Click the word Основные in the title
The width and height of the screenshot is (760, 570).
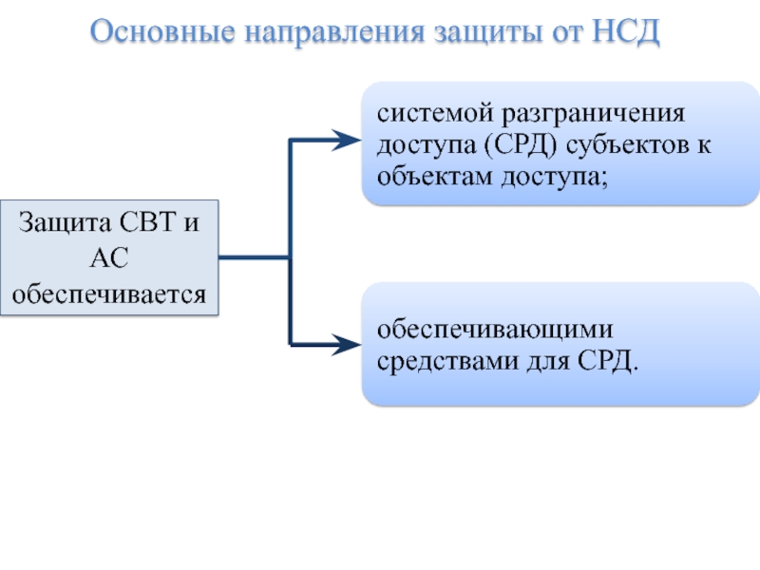tap(162, 31)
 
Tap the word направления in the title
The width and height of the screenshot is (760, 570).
tap(334, 33)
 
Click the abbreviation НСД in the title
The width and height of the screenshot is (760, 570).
tap(625, 31)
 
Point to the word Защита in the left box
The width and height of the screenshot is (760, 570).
tap(65, 223)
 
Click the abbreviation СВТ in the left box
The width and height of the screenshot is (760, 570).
tap(147, 222)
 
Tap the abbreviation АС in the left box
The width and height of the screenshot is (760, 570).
tap(109, 257)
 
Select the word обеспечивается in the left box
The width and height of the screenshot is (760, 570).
tap(109, 294)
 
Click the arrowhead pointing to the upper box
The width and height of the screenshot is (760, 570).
tap(347, 141)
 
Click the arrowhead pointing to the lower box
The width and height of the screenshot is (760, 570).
tap(347, 345)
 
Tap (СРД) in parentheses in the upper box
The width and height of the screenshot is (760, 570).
tap(521, 145)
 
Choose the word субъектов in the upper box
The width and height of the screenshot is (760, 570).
tap(628, 144)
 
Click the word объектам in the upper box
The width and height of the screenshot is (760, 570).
tap(435, 176)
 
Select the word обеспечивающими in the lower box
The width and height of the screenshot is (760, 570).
tap(495, 331)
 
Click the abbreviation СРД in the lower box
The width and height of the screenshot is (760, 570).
tap(605, 362)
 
